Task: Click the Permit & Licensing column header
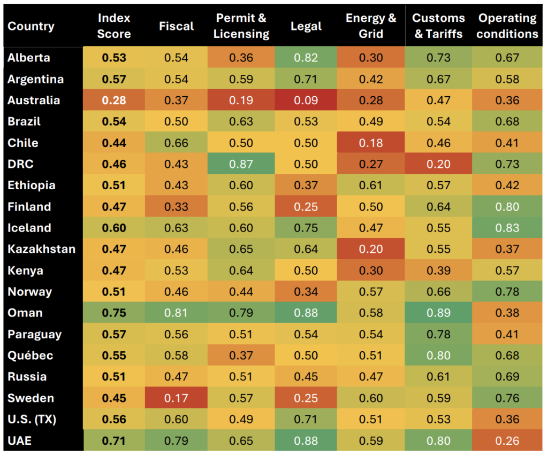pyautogui.click(x=241, y=26)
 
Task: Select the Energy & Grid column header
pyautogui.click(x=371, y=26)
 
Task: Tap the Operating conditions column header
pyautogui.click(x=507, y=26)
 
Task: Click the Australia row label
pyautogui.click(x=34, y=101)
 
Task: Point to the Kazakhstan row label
pyautogui.click(x=41, y=249)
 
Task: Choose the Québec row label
pyautogui.click(x=31, y=355)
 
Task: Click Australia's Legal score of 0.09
pyautogui.click(x=306, y=101)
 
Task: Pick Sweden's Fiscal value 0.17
pyautogui.click(x=176, y=398)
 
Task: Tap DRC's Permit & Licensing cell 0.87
pyautogui.click(x=241, y=164)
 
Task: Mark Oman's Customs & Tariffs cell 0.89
pyautogui.click(x=438, y=313)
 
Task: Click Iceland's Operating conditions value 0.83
pyautogui.click(x=507, y=228)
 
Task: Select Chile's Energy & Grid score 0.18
pyautogui.click(x=371, y=143)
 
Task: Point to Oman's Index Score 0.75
pyautogui.click(x=114, y=313)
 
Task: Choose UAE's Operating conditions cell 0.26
pyautogui.click(x=507, y=441)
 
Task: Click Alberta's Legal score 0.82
pyautogui.click(x=306, y=58)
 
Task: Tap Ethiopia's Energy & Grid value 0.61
pyautogui.click(x=371, y=186)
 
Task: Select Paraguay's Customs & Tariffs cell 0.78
pyautogui.click(x=438, y=335)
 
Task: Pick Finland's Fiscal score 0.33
pyautogui.click(x=176, y=207)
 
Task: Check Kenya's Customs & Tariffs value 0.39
pyautogui.click(x=438, y=270)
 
